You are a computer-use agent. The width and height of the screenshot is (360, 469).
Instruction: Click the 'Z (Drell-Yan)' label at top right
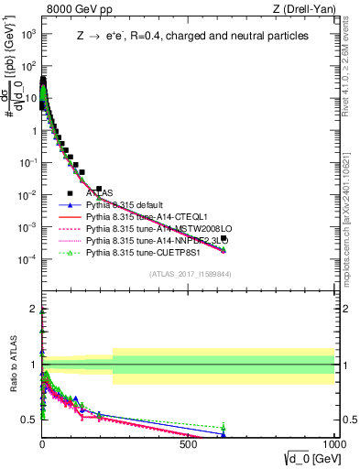point(303,10)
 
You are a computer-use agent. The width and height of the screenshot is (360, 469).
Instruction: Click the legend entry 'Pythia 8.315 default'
point(127,205)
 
